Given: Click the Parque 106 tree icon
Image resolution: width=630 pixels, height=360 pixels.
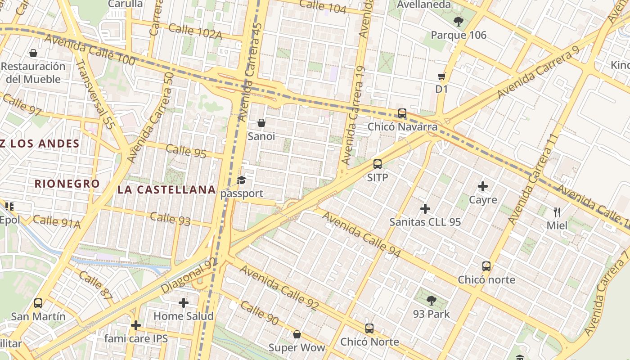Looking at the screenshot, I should click(459, 21).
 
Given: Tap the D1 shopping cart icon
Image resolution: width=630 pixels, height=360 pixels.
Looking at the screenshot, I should click(441, 76).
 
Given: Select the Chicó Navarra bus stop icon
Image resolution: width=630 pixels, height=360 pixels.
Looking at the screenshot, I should click(402, 113).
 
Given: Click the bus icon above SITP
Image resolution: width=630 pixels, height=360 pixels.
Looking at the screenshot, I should click(378, 164).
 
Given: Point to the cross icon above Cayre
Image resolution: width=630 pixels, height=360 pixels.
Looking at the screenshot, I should click(483, 186).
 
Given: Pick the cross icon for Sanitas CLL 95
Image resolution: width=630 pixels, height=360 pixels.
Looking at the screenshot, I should click(425, 209).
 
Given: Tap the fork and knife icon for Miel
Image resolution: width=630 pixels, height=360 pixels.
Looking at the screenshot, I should click(557, 212).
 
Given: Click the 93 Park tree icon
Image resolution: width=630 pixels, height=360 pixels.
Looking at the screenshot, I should click(432, 301).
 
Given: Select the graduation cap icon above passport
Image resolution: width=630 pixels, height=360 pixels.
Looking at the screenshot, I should click(242, 180).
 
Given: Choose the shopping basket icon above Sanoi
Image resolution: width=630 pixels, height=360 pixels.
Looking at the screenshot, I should click(261, 123).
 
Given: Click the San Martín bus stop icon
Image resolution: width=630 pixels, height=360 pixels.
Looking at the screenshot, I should click(38, 303).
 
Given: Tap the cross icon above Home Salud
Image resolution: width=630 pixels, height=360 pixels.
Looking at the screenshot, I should click(183, 303).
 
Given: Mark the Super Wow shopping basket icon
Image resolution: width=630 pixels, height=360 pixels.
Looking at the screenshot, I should click(297, 334).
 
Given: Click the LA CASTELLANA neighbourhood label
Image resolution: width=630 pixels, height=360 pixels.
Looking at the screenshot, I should click(166, 189).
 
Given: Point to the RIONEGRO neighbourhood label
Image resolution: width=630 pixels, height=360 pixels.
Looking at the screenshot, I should click(67, 184).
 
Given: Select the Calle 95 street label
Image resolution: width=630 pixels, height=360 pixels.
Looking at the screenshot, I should click(186, 151).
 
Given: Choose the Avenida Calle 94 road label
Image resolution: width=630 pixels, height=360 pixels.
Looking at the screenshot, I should click(361, 234).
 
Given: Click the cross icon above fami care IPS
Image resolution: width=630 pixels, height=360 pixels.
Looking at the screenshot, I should click(136, 325).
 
